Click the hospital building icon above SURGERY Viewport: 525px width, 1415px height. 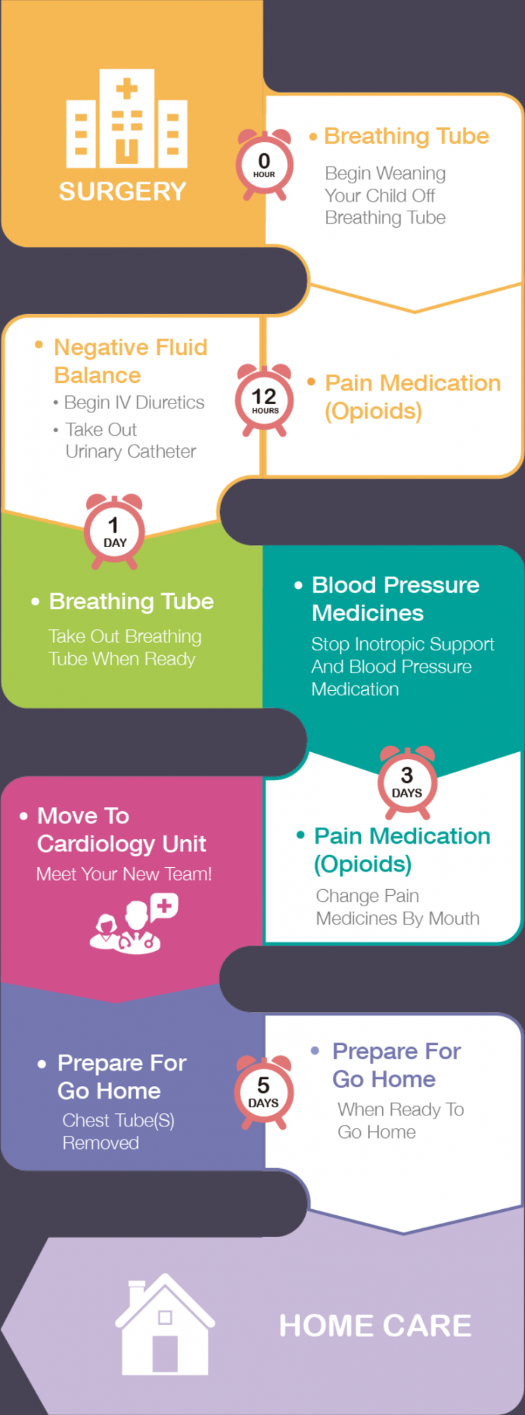126,118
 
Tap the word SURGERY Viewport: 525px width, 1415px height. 122,191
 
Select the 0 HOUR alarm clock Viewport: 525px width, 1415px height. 265,165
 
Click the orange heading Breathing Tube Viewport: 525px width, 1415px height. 406,136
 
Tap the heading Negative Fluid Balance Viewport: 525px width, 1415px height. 130,361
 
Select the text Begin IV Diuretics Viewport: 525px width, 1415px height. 134,403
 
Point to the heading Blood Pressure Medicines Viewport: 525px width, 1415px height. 395,599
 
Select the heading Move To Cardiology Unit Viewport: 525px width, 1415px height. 121,830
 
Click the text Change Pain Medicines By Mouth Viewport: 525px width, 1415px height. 397,907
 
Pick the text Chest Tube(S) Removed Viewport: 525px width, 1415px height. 118,1131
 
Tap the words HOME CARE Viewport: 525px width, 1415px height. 375,1326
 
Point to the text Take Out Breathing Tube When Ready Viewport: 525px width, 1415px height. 125,648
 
